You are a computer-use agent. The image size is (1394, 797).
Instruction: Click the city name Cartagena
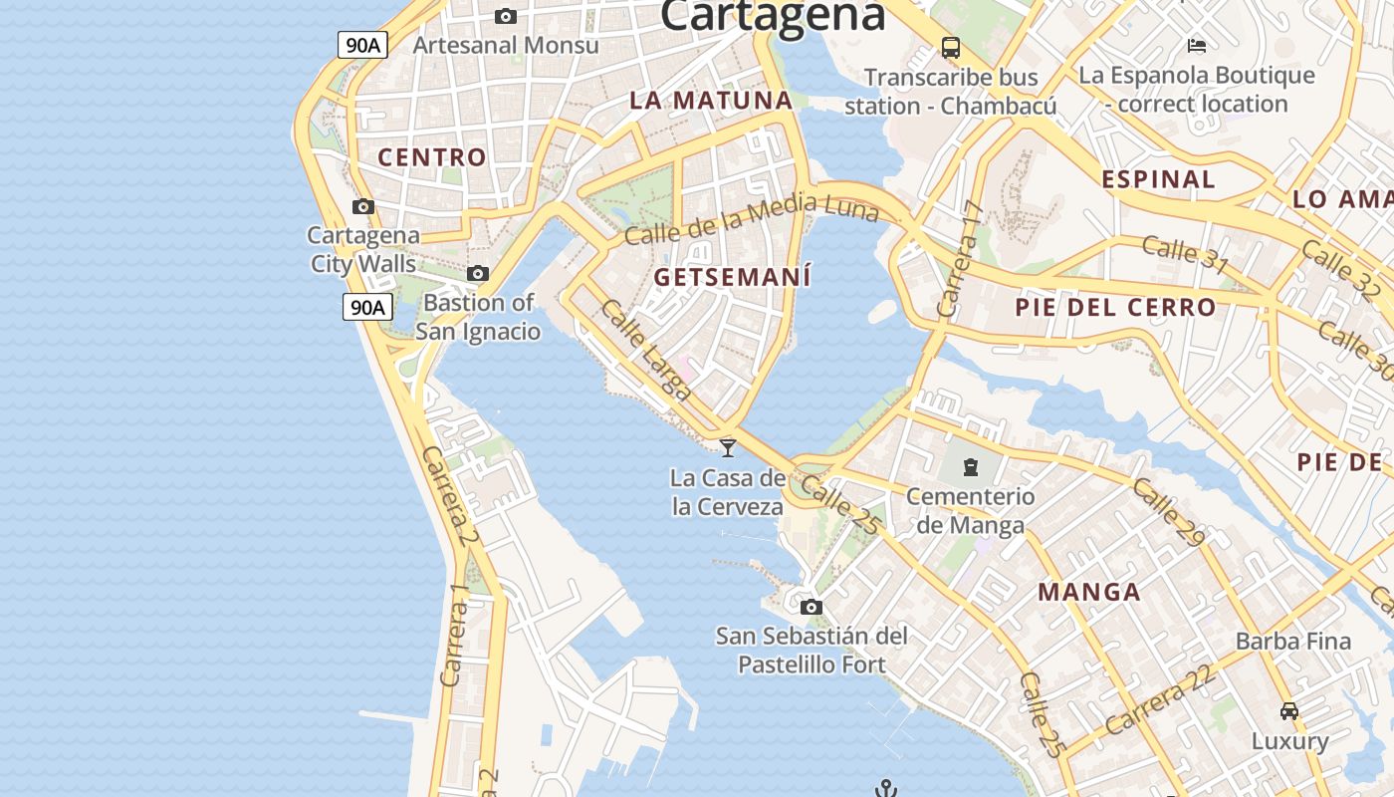point(772,14)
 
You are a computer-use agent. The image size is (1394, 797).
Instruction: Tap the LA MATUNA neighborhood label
point(711,100)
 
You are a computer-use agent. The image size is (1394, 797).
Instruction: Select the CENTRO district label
point(432,156)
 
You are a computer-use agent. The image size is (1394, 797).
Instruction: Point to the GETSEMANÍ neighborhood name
point(733,277)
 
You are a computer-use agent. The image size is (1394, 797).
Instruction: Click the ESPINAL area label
point(1158,179)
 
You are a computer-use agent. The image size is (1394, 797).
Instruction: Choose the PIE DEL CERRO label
point(1115,307)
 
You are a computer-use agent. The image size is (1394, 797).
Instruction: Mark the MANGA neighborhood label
point(1089,592)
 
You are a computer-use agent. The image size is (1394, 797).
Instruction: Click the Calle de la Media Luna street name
point(752,219)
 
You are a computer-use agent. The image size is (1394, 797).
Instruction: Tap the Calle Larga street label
point(645,351)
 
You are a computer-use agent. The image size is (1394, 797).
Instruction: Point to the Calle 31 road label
point(1185,254)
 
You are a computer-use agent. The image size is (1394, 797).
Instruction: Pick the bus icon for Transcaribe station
point(951,47)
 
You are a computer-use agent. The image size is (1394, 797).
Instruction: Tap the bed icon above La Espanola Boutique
point(1197,45)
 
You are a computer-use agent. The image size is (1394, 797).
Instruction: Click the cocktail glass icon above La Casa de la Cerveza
point(728,447)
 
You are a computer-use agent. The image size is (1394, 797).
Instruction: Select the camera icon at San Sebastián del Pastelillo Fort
point(812,607)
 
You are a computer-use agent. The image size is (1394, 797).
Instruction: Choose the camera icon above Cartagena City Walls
point(363,206)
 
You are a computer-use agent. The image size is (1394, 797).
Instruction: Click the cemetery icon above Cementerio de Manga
point(971,465)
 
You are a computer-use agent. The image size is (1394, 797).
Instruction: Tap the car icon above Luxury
point(1289,711)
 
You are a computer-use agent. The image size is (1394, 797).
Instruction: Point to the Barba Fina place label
point(1293,641)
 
